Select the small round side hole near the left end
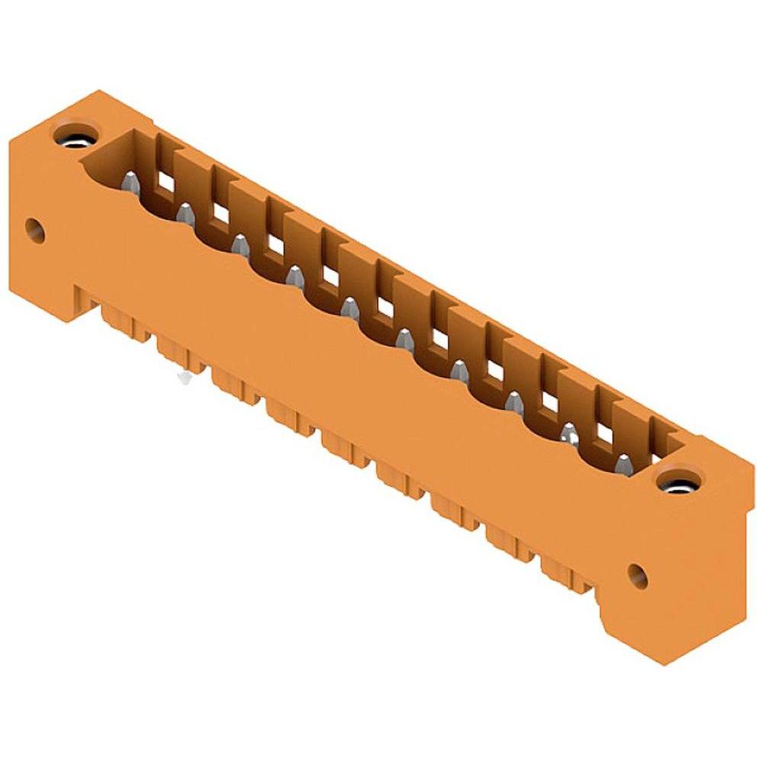pyautogui.click(x=34, y=228)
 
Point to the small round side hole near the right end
pyautogui.click(x=637, y=575)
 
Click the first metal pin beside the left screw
pyautogui.click(x=130, y=181)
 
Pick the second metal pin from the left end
pyautogui.click(x=185, y=213)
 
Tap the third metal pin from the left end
pyautogui.click(x=240, y=244)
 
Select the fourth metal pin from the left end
pyautogui.click(x=295, y=275)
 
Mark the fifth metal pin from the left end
pyautogui.click(x=350, y=308)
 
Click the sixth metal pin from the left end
pyautogui.click(x=404, y=339)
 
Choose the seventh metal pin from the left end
pyautogui.click(x=459, y=371)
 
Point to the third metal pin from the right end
pyautogui.click(x=514, y=401)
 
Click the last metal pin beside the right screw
pyautogui.click(x=624, y=463)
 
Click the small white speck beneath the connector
pyautogui.click(x=183, y=376)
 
